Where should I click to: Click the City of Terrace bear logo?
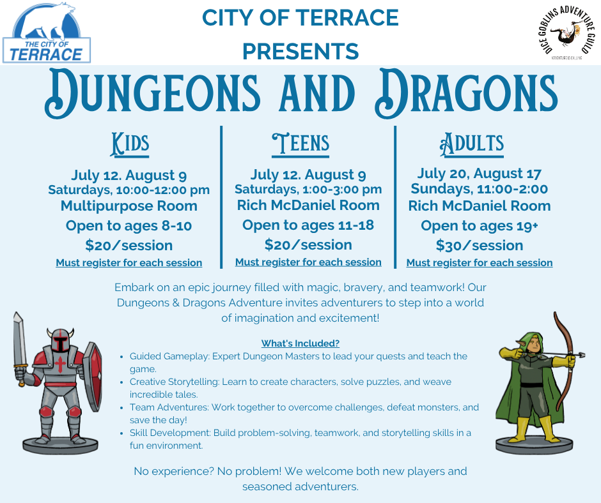pyautogui.click(x=47, y=33)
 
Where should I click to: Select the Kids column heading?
pyautogui.click(x=130, y=145)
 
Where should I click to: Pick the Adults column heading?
pyautogui.click(x=471, y=145)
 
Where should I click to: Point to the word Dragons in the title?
pyautogui.click(x=465, y=93)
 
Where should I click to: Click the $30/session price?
pyautogui.click(x=480, y=245)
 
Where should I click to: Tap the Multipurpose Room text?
pyautogui.click(x=129, y=206)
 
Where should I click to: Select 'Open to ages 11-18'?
pyautogui.click(x=308, y=225)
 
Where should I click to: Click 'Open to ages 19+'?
pyautogui.click(x=480, y=226)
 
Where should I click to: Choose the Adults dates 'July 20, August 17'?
pyautogui.click(x=480, y=174)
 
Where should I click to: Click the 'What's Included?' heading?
pyautogui.click(x=300, y=343)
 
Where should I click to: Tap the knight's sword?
pyautogui.click(x=20, y=347)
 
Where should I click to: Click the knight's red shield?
pyautogui.click(x=93, y=375)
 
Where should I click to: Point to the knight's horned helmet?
pyautogui.click(x=60, y=340)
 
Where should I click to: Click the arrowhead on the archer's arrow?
pyautogui.click(x=581, y=355)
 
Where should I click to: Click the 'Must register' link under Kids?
pyautogui.click(x=129, y=262)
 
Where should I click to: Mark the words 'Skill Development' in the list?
pyautogui.click(x=170, y=433)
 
